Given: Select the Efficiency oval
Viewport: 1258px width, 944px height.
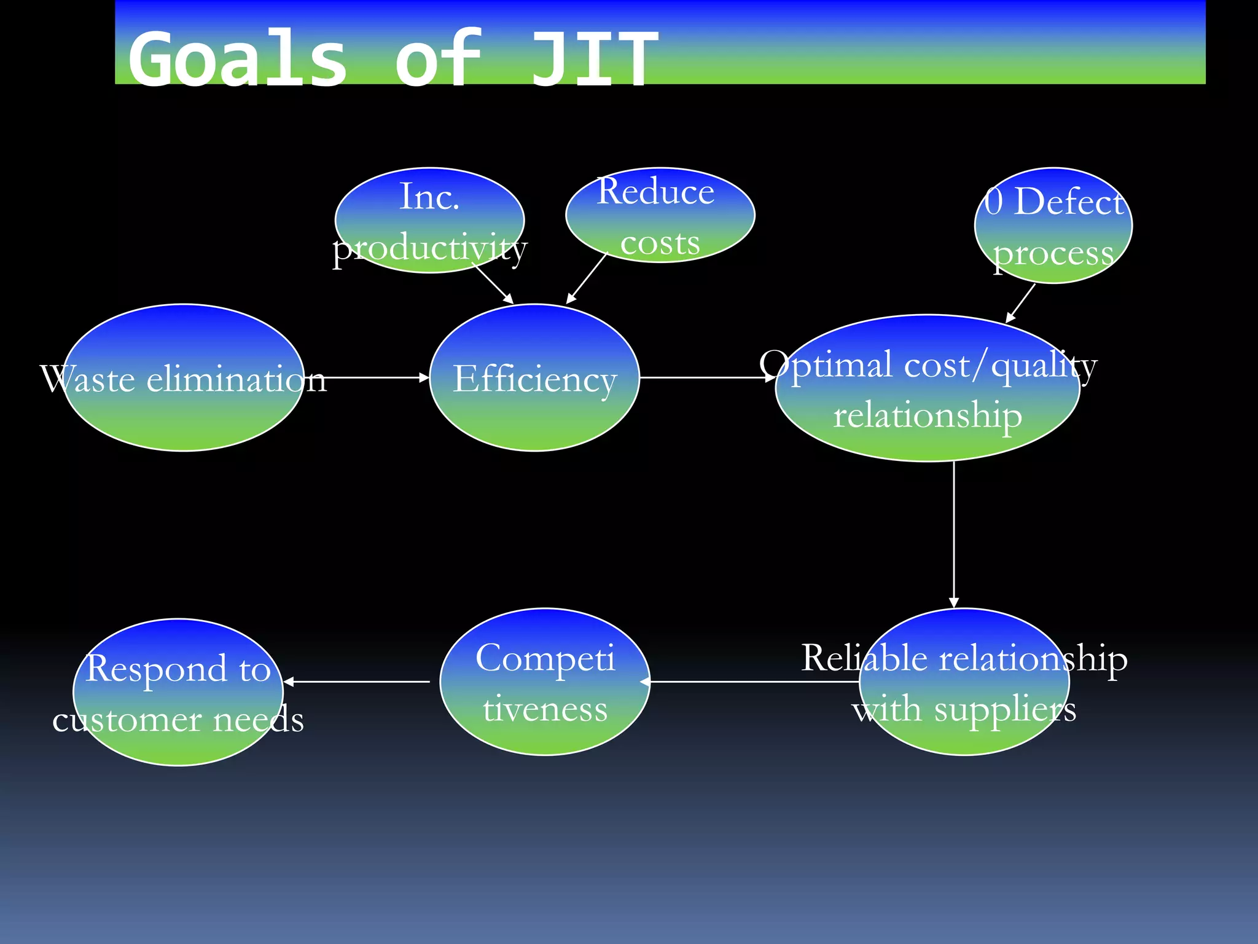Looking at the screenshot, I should pyautogui.click(x=534, y=378).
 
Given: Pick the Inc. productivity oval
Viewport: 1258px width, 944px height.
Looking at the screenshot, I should pyautogui.click(x=429, y=220).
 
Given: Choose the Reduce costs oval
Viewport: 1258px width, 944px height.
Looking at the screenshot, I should pyautogui.click(x=660, y=215).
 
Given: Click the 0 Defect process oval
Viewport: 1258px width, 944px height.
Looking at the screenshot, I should pyautogui.click(x=1053, y=226).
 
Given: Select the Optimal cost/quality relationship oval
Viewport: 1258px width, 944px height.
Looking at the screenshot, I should pyautogui.click(x=928, y=388).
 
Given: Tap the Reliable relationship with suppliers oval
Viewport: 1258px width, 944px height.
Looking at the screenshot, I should pyautogui.click(x=964, y=682).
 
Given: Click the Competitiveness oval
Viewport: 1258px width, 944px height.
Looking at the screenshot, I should pyautogui.click(x=545, y=682).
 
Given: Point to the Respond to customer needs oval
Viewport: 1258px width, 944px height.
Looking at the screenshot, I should pyautogui.click(x=178, y=693).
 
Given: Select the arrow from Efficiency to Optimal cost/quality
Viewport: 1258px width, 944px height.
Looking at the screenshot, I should pyautogui.click(x=706, y=377).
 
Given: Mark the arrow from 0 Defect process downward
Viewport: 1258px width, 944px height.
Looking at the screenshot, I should pyautogui.click(x=1020, y=303).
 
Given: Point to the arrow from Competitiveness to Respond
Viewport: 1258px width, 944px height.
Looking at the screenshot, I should pyautogui.click(x=356, y=682).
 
